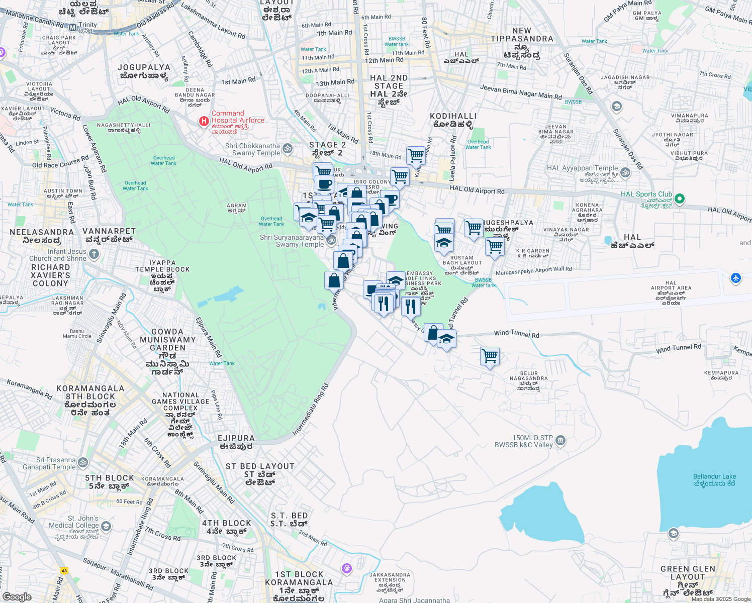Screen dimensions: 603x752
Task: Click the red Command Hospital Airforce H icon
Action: (x=204, y=121)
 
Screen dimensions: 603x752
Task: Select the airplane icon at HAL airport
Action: (x=735, y=278)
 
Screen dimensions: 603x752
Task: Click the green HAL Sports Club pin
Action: (x=680, y=199)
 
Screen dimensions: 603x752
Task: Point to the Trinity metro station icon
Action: (x=73, y=28)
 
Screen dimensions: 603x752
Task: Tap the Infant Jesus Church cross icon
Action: (x=94, y=254)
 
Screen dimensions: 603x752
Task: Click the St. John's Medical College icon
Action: (x=106, y=526)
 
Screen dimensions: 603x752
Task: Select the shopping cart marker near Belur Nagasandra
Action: (x=490, y=356)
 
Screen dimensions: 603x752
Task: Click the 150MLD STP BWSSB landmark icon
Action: (x=560, y=441)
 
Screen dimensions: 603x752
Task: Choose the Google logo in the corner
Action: (x=17, y=597)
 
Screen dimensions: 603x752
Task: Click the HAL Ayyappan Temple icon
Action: (x=625, y=172)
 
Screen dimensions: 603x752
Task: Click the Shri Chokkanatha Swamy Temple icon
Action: (x=288, y=148)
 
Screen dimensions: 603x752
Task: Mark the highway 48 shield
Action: (x=64, y=570)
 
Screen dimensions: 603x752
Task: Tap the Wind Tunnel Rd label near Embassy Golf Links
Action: (x=516, y=334)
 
